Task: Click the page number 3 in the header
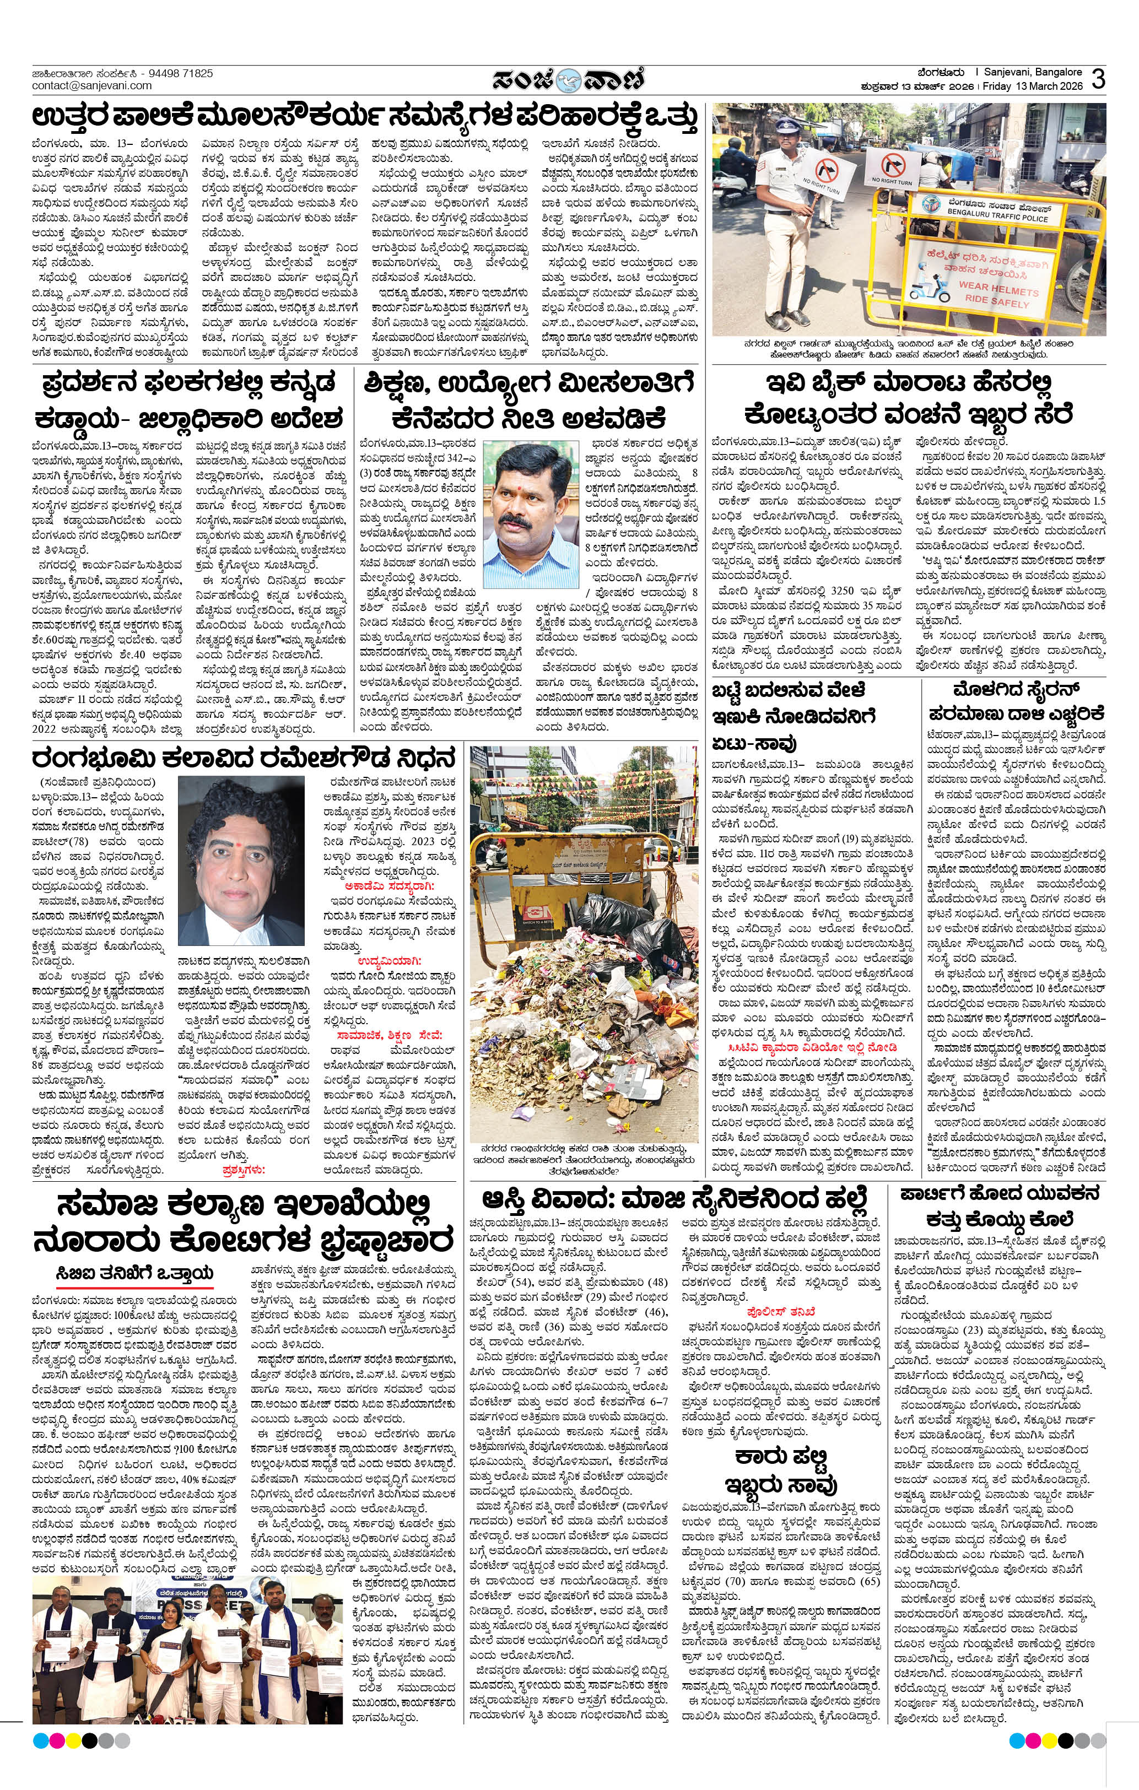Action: tap(1099, 79)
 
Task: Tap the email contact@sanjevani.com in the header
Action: tap(91, 85)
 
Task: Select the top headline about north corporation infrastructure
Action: tap(365, 119)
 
